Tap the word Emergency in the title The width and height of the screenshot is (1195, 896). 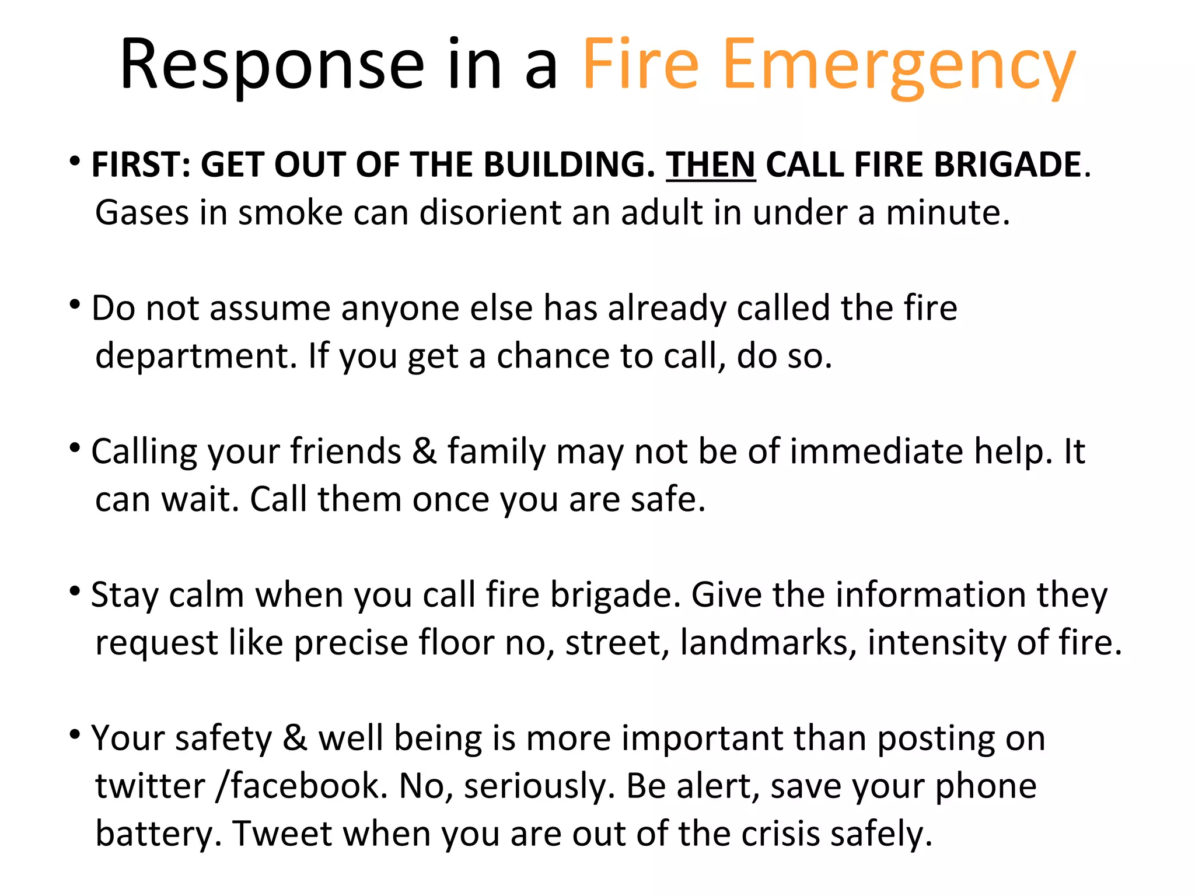[899, 65]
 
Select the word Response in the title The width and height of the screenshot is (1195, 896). [272, 65]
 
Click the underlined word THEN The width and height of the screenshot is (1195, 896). [711, 165]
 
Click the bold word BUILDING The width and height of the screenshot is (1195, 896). [569, 165]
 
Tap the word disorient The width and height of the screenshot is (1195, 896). [490, 212]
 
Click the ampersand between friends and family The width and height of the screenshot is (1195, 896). [424, 452]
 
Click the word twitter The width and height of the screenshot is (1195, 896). [150, 786]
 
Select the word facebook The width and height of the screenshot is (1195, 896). [309, 786]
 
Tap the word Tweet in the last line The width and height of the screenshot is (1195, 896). [282, 834]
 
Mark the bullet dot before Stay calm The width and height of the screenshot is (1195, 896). [74, 591]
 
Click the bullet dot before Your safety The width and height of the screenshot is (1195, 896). [74, 734]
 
